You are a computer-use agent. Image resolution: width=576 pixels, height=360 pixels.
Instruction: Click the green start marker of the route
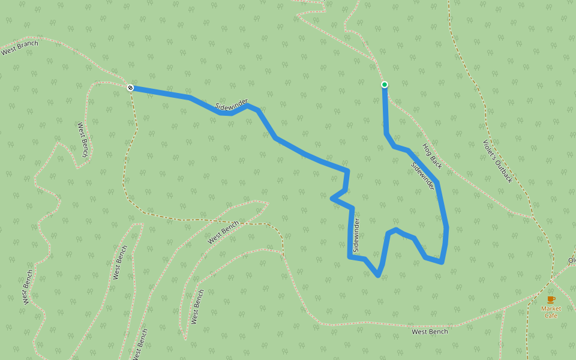pyautogui.click(x=385, y=85)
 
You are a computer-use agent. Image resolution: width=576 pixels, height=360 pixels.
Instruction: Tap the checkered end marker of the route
pyautogui.click(x=130, y=88)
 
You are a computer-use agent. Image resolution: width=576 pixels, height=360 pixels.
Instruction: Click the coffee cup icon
pyautogui.click(x=551, y=299)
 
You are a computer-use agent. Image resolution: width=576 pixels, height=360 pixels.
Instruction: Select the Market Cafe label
pyautogui.click(x=551, y=312)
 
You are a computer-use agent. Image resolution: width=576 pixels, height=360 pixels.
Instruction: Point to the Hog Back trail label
pyautogui.click(x=432, y=155)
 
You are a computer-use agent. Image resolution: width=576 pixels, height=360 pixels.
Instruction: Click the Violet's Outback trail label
pyautogui.click(x=498, y=161)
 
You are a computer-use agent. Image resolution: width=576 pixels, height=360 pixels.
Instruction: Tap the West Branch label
pyautogui.click(x=20, y=48)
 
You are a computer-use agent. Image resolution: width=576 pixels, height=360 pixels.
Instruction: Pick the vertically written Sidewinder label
pyautogui.click(x=356, y=235)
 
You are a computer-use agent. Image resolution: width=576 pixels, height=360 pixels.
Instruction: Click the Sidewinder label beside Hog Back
pyautogui.click(x=423, y=176)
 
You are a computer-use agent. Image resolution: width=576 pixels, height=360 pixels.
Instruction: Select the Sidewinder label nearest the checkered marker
pyautogui.click(x=232, y=104)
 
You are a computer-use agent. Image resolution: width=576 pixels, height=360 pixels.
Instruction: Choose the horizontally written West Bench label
pyautogui.click(x=430, y=332)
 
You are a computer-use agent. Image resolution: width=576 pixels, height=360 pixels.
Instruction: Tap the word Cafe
pyautogui.click(x=551, y=316)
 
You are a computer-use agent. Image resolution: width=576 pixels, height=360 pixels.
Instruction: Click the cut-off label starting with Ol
pyautogui.click(x=572, y=260)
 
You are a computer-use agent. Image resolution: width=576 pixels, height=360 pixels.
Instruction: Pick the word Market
pyautogui.click(x=551, y=308)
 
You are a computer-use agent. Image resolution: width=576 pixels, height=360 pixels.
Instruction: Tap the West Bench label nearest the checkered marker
pyautogui.click(x=83, y=140)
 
